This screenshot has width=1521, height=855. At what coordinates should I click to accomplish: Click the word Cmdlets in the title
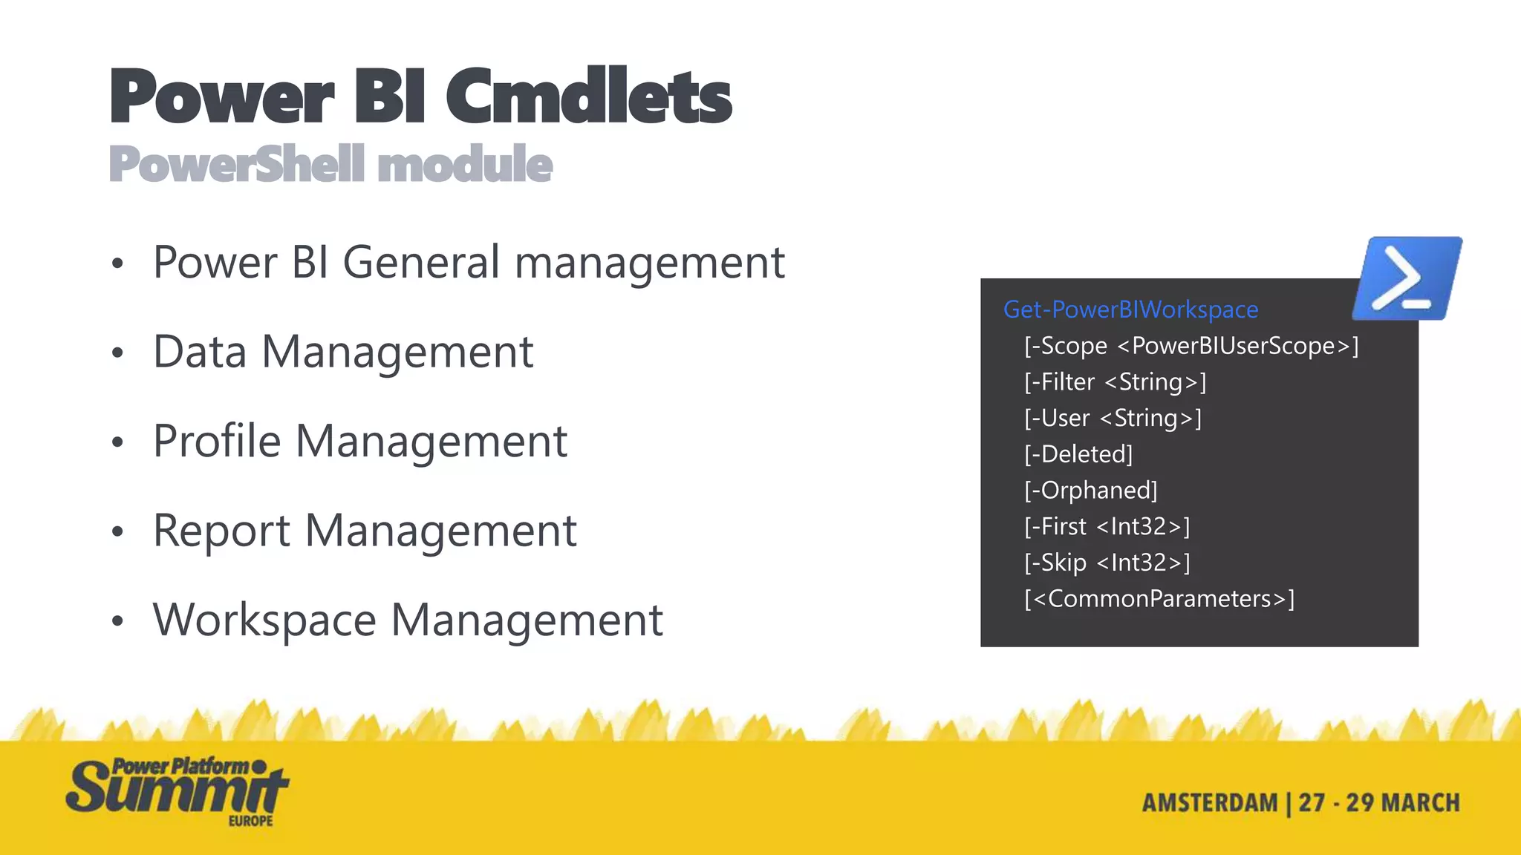(588, 97)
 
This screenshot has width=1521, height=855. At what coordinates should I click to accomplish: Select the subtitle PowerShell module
(330, 164)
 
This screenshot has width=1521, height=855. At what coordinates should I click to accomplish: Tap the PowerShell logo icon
(1406, 279)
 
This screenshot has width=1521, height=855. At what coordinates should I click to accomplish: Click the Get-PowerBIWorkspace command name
(1130, 309)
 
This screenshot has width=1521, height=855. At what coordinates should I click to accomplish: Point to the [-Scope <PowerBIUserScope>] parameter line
(1191, 346)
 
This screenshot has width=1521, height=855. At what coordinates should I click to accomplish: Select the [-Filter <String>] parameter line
(1115, 382)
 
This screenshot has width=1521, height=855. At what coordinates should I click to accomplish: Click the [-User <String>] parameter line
(1113, 418)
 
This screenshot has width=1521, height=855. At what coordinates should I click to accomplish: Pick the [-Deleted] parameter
(1078, 454)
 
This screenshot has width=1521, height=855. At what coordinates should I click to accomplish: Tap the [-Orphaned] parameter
(1090, 491)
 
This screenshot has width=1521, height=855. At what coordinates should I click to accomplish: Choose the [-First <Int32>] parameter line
(1107, 526)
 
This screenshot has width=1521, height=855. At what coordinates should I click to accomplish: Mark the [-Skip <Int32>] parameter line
(1107, 563)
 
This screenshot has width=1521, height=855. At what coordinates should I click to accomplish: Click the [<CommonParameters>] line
(1159, 599)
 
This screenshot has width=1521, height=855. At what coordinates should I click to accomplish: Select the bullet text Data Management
(343, 352)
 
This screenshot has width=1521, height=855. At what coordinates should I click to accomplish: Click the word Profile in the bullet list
(217, 441)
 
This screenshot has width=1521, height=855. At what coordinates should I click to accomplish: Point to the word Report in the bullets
(221, 531)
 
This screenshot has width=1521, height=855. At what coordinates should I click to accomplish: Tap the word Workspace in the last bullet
(264, 620)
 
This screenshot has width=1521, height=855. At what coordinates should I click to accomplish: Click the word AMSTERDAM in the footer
(1209, 803)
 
